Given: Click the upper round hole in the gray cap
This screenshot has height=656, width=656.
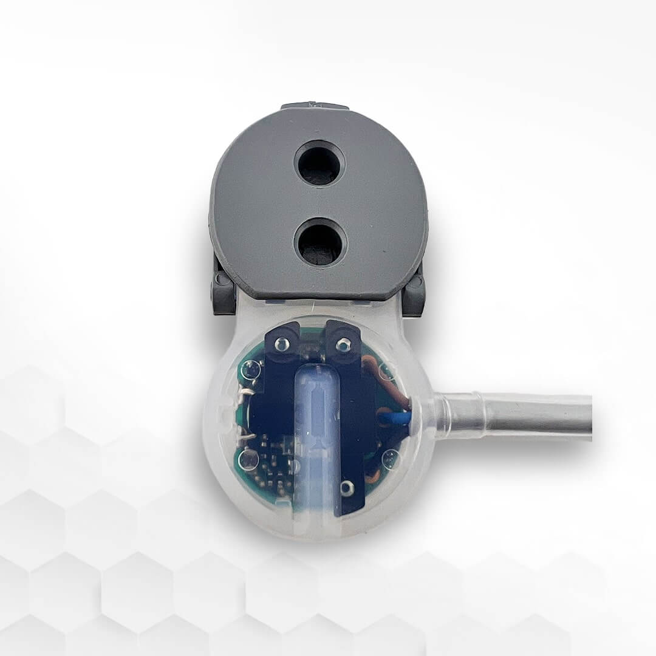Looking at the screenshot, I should coord(319,163).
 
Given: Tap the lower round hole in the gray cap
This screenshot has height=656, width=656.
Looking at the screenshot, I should coord(319,241).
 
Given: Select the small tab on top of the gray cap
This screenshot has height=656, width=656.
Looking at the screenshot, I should coord(315,106).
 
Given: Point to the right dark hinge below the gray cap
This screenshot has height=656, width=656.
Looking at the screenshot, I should coord(414,293).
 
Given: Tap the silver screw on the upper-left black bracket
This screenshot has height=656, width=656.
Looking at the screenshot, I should coord(281,345).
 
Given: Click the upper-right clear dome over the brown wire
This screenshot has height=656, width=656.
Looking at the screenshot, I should coord(384,370).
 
